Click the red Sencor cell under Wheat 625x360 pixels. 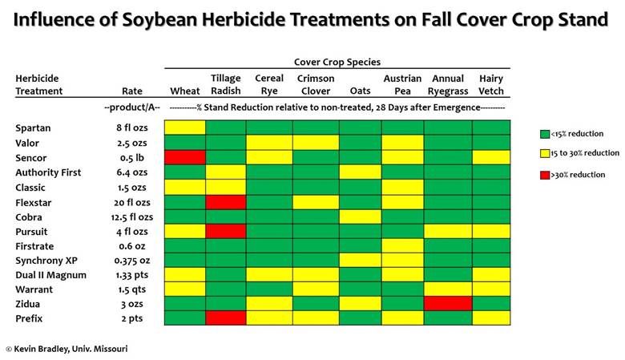coord(185,157)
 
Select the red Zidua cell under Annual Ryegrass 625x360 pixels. coord(448,303)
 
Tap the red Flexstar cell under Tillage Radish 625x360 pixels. coord(226,202)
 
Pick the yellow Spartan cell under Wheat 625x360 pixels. coord(185,127)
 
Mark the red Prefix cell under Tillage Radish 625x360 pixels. coord(226,318)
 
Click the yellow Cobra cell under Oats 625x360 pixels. coord(361,216)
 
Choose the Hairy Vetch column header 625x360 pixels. coord(491,84)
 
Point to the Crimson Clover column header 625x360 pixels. coord(316,84)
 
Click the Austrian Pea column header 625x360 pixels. coord(402,84)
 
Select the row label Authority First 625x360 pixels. coord(48,172)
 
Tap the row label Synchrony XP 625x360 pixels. coord(46,261)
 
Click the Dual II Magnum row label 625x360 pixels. coord(51,275)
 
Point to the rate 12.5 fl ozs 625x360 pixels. coord(132,217)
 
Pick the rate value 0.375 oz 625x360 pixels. coord(132,261)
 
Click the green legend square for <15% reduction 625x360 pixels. coord(545,134)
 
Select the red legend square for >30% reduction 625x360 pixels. coord(545,175)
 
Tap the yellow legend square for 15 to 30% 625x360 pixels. coord(545,153)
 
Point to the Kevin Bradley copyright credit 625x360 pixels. coord(67,349)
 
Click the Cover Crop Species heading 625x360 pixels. coord(337,62)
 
